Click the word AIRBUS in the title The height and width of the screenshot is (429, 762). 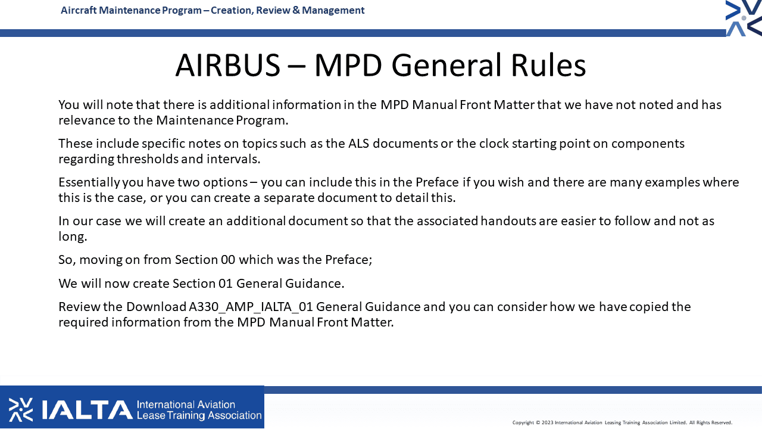[x=228, y=65]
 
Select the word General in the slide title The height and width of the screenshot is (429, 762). [x=446, y=65]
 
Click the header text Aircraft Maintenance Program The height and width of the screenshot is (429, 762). [x=131, y=10]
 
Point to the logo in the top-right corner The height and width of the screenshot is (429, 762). [x=744, y=18]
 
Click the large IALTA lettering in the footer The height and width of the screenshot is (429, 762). [x=87, y=409]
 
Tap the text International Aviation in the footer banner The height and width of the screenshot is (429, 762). [x=186, y=405]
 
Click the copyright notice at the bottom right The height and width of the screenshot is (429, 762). [x=622, y=422]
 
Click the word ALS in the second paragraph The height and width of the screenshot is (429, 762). [x=358, y=144]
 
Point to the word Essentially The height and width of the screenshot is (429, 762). [x=89, y=183]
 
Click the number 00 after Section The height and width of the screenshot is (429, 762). [x=228, y=260]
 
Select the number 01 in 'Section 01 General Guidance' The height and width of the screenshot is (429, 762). [x=226, y=284]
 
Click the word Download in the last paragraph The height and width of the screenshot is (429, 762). [x=156, y=307]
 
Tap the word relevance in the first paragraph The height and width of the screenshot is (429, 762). [x=86, y=120]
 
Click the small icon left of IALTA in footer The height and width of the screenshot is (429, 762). [x=21, y=409]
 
